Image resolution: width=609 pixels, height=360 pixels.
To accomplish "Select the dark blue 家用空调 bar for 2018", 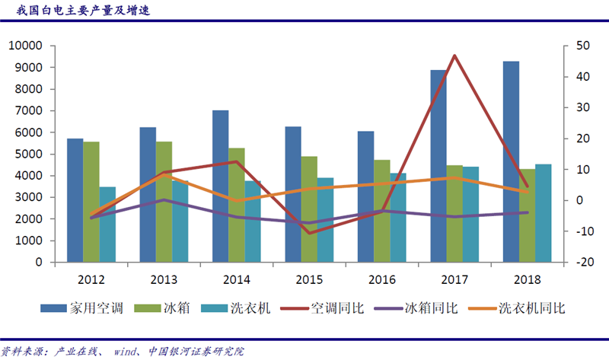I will pyautogui.click(x=510, y=161).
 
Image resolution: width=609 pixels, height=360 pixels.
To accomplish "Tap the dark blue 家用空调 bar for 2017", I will pyautogui.click(x=438, y=166).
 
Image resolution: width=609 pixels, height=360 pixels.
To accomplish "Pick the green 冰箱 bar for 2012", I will pyautogui.click(x=91, y=202).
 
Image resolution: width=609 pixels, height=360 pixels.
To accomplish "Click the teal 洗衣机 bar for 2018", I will pyautogui.click(x=544, y=213).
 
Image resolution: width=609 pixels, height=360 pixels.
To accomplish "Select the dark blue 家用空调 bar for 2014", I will pyautogui.click(x=220, y=186).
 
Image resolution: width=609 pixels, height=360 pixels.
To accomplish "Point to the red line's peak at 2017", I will pyautogui.click(x=454, y=56).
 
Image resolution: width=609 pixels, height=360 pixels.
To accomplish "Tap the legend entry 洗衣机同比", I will pyautogui.click(x=532, y=308).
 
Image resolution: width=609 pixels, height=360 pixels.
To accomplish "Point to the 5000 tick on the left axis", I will pyautogui.click(x=30, y=154).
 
